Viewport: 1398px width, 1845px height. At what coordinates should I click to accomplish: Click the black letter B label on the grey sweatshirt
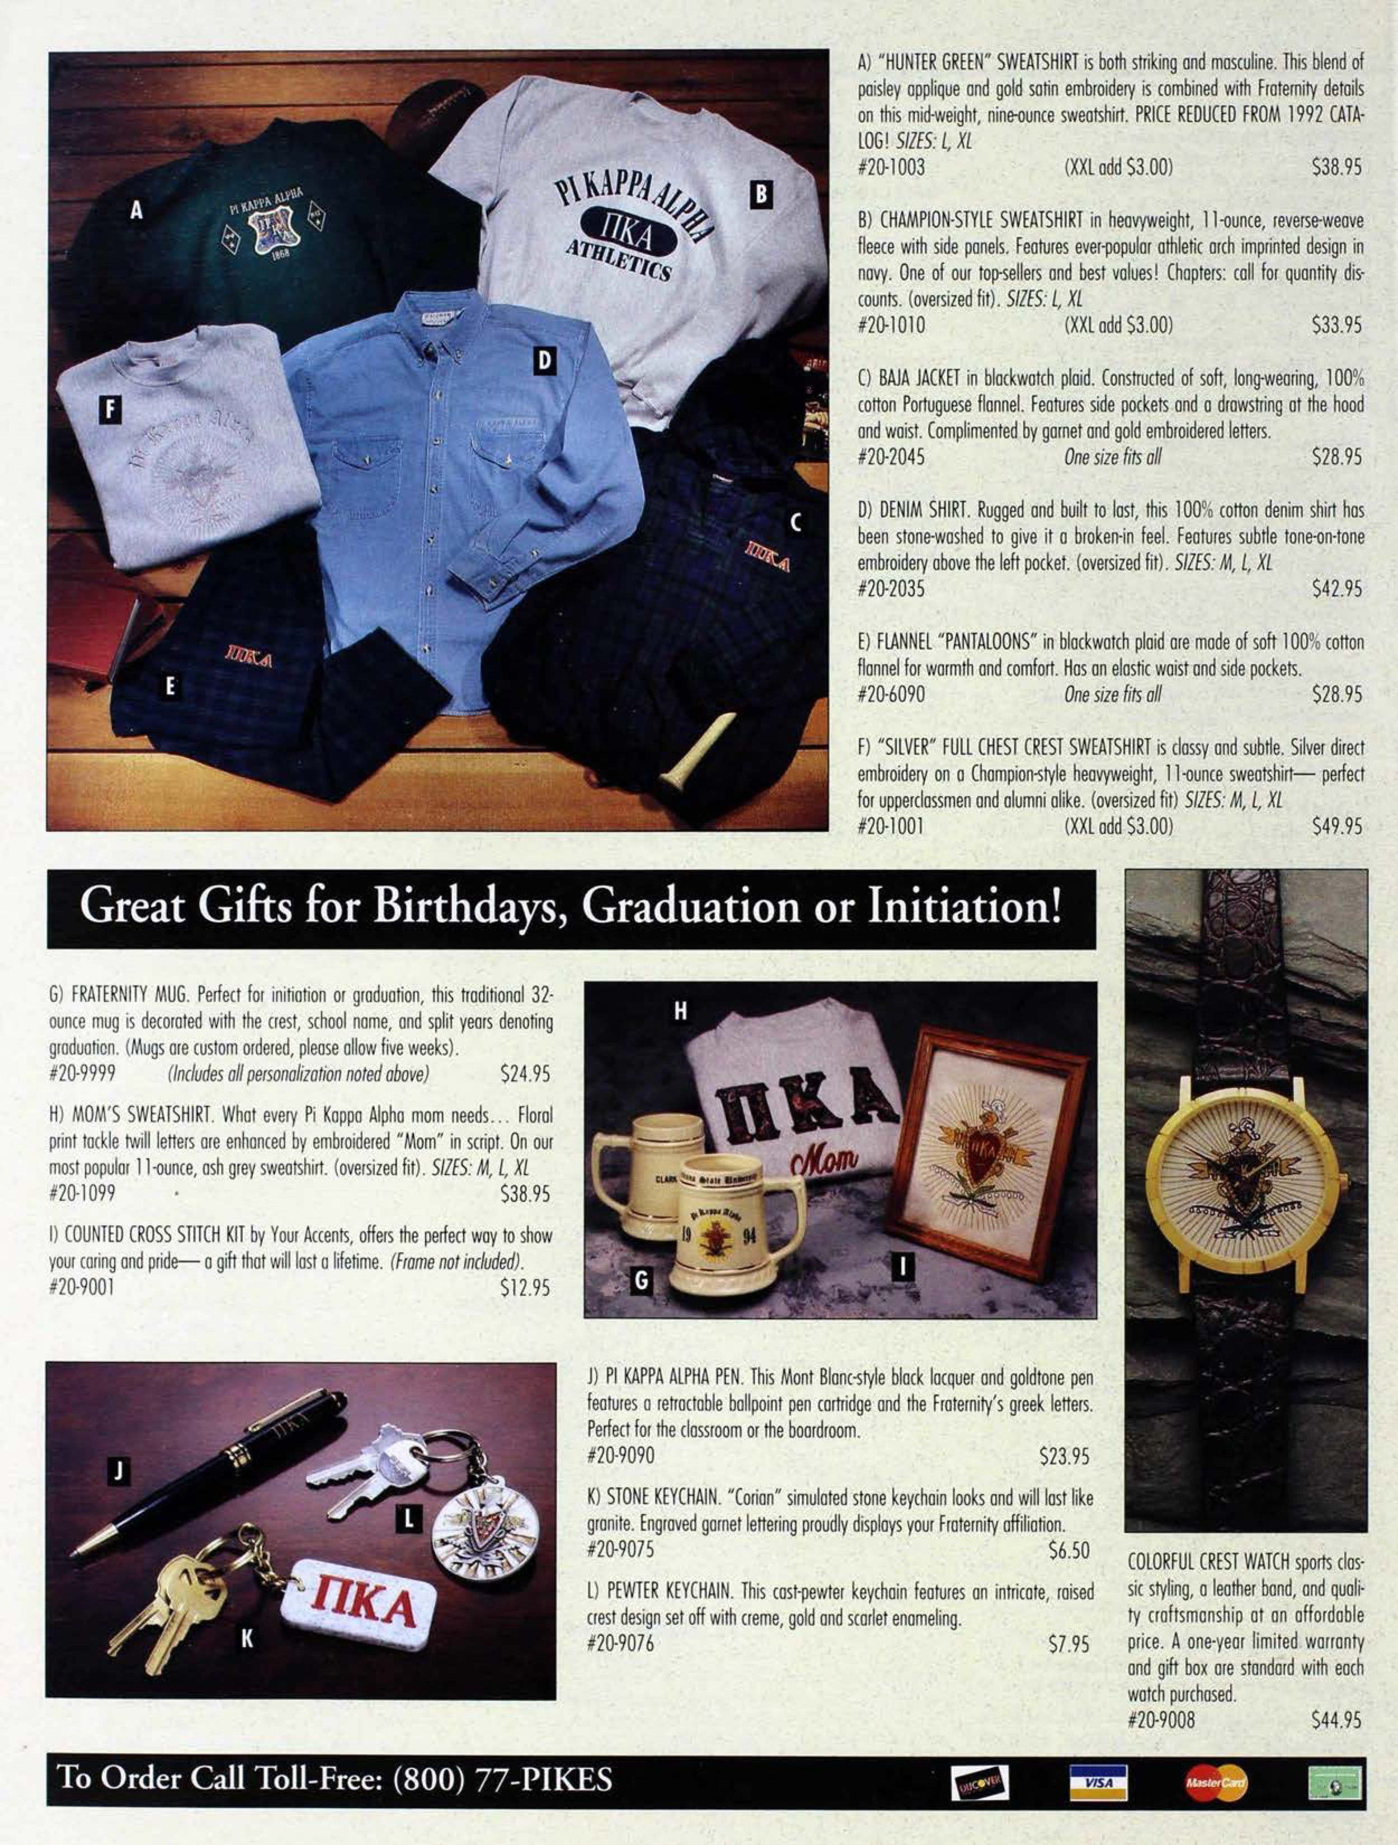pyautogui.click(x=760, y=194)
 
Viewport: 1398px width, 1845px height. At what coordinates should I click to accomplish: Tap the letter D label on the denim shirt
pyautogui.click(x=543, y=360)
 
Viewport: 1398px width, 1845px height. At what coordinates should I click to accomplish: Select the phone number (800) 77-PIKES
pyautogui.click(x=502, y=1778)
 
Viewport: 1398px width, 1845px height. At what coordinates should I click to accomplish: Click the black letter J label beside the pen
pyautogui.click(x=120, y=1471)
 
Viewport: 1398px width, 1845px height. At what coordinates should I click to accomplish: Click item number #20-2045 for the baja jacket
pyautogui.click(x=891, y=457)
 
